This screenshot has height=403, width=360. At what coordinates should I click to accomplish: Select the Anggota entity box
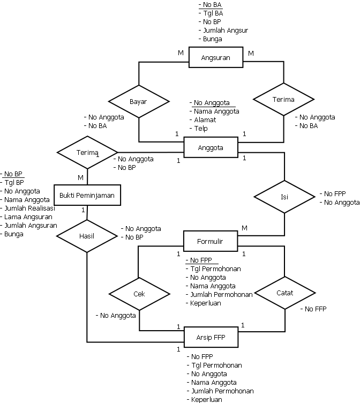[x=211, y=147]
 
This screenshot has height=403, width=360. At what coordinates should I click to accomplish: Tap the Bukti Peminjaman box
[x=87, y=195]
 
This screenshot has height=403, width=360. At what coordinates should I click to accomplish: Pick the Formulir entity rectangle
[x=211, y=241]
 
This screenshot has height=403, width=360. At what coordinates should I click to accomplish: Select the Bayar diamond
[x=138, y=101]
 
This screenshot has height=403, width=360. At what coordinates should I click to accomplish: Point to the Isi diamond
[x=284, y=197]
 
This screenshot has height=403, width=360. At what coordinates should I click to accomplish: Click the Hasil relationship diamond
[x=86, y=235]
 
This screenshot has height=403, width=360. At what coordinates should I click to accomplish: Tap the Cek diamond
[x=139, y=294]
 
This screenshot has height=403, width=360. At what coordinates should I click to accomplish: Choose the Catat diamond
[x=284, y=293]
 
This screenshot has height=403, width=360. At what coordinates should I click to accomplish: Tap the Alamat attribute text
[x=205, y=120]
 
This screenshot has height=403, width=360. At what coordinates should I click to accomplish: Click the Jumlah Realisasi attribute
[x=31, y=208]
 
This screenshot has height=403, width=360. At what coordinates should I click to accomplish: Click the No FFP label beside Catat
[x=315, y=309]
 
